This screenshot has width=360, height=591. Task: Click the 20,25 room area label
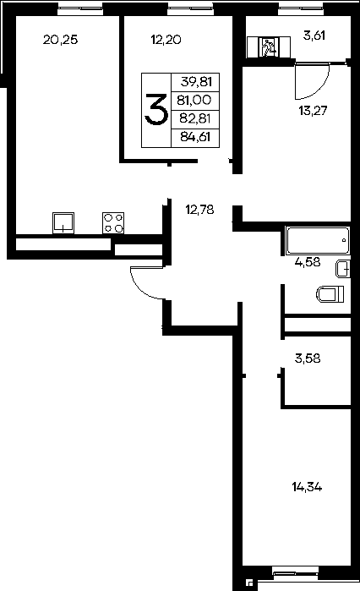[60, 40]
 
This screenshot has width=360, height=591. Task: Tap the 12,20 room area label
[166, 40]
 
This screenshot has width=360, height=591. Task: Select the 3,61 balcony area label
[314, 36]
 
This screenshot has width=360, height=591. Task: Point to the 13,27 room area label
[313, 111]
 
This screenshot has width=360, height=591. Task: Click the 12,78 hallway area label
[200, 210]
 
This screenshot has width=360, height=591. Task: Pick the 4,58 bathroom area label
[308, 262]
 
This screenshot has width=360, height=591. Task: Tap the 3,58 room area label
[308, 358]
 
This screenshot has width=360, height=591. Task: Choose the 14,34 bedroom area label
[307, 487]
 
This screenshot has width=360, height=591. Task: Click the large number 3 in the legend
[156, 109]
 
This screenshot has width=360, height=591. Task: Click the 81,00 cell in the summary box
[194, 101]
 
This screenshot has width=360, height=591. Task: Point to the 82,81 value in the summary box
[195, 118]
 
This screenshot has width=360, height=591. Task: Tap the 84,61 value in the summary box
[195, 137]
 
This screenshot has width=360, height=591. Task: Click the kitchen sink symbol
[63, 222]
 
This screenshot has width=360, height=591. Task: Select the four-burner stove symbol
[113, 222]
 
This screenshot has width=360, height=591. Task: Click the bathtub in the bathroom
[318, 241]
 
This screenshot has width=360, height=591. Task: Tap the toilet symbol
[330, 294]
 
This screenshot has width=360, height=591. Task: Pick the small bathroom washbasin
[343, 269]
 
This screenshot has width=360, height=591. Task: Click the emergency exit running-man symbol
[269, 47]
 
